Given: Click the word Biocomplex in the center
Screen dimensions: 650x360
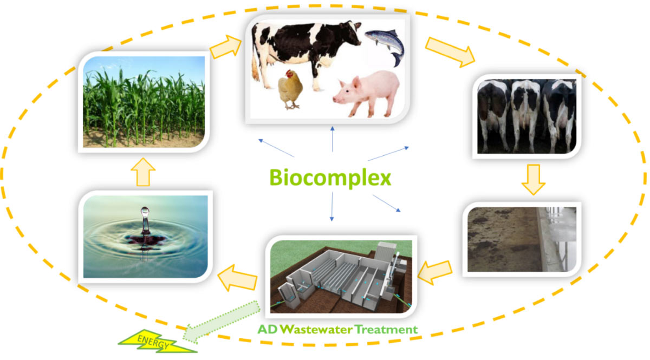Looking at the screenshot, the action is pyautogui.click(x=330, y=178).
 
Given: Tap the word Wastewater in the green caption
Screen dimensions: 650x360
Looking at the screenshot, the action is pyautogui.click(x=316, y=329).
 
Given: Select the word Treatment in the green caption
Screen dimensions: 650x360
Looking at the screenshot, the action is pyautogui.click(x=386, y=329).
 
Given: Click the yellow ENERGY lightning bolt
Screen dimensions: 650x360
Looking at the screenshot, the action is pyautogui.click(x=157, y=341).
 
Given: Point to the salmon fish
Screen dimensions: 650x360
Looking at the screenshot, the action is pyautogui.click(x=385, y=47).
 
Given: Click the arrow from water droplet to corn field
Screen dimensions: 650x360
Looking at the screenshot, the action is pyautogui.click(x=143, y=172).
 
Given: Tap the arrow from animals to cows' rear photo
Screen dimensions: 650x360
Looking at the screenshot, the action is pyautogui.click(x=450, y=52).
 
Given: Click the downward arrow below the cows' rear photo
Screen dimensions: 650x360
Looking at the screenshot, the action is pyautogui.click(x=534, y=180).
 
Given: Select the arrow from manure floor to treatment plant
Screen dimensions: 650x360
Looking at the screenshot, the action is pyautogui.click(x=435, y=273).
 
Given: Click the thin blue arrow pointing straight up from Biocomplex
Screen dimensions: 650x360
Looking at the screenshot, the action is pyautogui.click(x=333, y=139).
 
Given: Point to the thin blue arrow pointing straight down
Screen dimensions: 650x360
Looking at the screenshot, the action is pyautogui.click(x=332, y=207).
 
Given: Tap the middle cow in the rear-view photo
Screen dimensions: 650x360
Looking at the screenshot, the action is pyautogui.click(x=526, y=115).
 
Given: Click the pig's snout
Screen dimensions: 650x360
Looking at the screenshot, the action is pyautogui.click(x=336, y=99).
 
